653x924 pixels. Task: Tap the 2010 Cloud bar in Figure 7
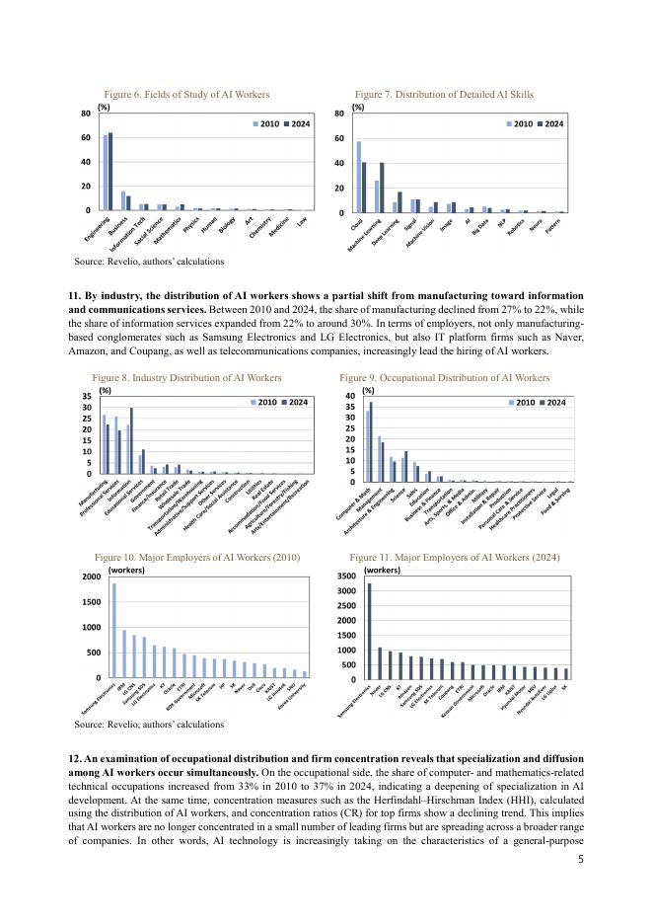[359, 177]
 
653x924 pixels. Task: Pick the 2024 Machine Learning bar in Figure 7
[382, 188]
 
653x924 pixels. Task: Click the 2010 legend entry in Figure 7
[520, 124]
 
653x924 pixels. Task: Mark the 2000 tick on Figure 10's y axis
[91, 577]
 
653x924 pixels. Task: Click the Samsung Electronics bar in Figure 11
[370, 631]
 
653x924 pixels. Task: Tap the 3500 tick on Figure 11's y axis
[351, 576]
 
